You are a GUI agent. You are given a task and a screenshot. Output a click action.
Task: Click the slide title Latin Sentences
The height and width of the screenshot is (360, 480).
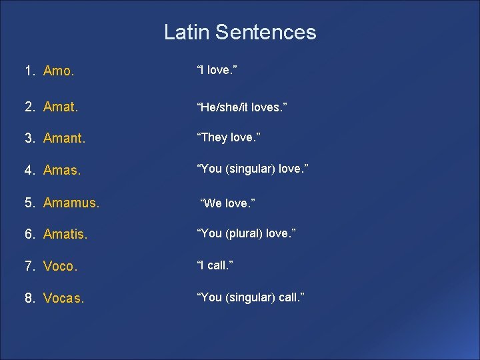point(240,32)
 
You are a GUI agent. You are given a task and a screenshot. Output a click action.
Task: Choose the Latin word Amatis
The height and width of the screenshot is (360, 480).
point(65,234)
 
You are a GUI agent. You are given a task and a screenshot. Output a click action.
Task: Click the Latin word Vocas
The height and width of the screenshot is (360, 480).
point(64,298)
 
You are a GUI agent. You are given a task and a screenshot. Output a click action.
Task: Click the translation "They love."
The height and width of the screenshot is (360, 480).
point(228,137)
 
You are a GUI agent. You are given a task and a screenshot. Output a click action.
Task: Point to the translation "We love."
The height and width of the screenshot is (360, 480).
point(228,202)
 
